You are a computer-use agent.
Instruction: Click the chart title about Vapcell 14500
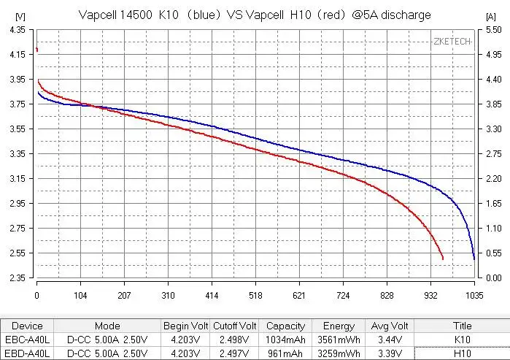(254, 15)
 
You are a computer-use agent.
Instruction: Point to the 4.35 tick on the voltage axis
(16, 29)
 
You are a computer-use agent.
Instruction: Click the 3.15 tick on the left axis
(16, 179)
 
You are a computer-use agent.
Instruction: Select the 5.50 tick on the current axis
(493, 29)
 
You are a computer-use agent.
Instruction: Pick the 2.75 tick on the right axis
(493, 154)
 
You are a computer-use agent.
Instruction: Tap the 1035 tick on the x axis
(474, 296)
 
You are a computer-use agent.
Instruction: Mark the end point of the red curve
(442, 258)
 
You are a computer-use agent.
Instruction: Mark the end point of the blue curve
(474, 258)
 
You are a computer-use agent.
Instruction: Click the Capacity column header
(285, 326)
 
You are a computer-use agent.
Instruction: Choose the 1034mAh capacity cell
(285, 340)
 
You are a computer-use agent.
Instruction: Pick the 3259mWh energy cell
(339, 353)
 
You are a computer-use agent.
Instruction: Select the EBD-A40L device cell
(28, 353)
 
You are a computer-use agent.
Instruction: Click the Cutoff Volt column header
(234, 326)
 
